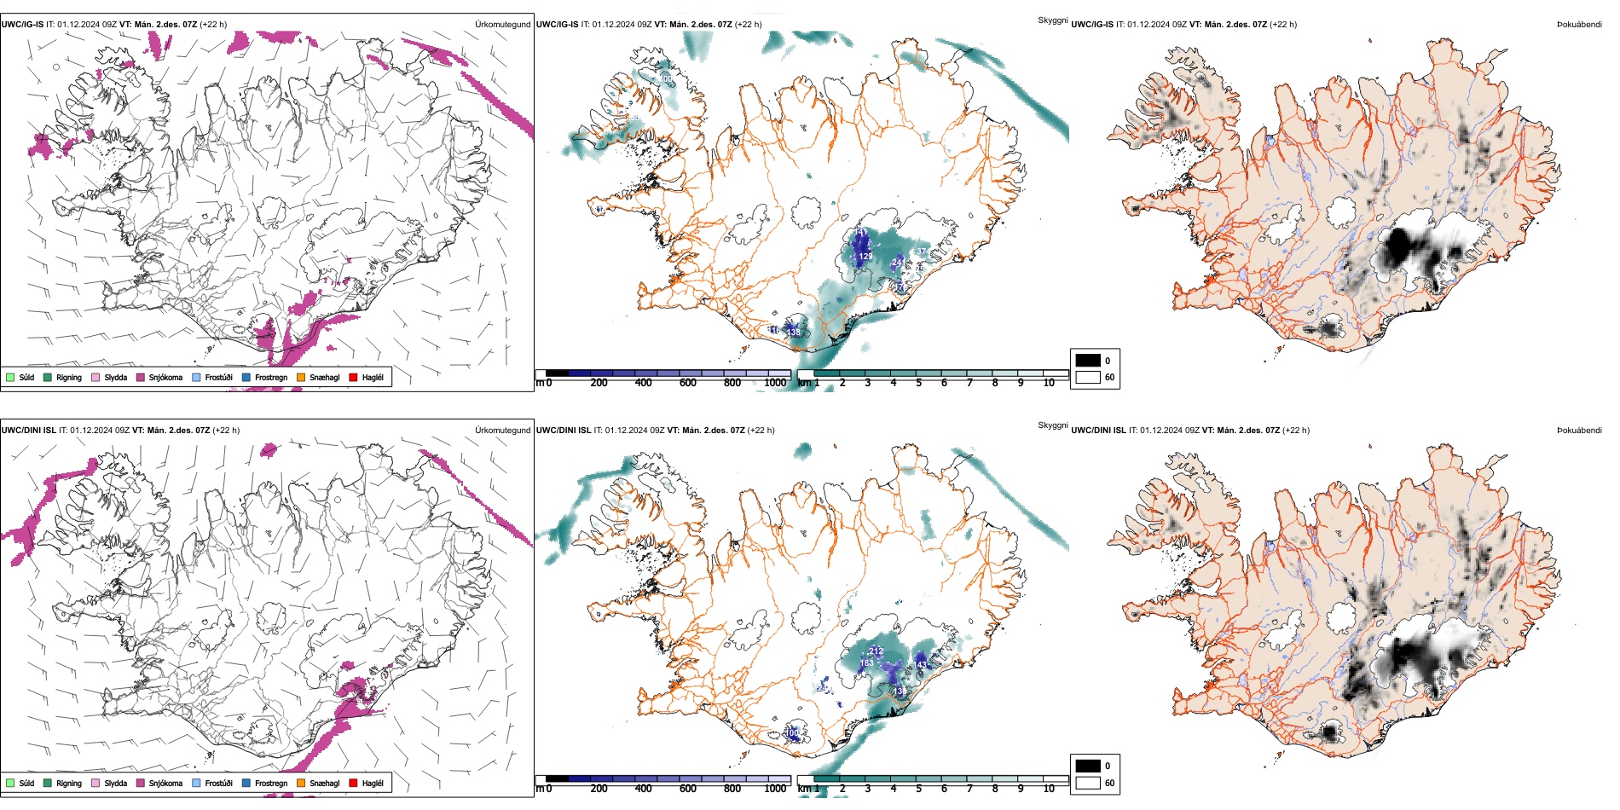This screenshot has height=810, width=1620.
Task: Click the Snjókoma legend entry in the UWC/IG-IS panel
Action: pos(165,377)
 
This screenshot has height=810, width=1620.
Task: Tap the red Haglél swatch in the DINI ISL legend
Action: pos(352,783)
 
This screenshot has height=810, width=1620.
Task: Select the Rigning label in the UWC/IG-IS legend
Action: pos(69,377)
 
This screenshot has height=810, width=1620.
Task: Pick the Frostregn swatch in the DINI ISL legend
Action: pos(246,783)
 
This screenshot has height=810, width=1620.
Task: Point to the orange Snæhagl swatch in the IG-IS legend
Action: pos(301,377)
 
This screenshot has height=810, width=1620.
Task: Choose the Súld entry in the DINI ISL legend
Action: pos(26,783)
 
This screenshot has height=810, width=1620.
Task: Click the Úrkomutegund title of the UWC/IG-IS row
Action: pos(502,24)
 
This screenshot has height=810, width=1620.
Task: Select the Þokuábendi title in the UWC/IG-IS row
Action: pos(1579,24)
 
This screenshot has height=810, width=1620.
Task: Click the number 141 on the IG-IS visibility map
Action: pos(861,232)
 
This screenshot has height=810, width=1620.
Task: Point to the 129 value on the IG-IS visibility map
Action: pos(865,256)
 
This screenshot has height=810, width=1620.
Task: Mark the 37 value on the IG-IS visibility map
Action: pos(920,252)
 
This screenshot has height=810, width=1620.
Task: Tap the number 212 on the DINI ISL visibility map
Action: pos(876,651)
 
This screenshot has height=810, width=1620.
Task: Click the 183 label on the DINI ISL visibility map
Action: pos(866,662)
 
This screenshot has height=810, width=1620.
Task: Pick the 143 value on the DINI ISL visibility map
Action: pos(922,665)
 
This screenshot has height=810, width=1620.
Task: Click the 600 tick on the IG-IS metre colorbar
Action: pos(688,383)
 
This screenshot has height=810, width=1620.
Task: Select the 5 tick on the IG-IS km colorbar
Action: pos(918,383)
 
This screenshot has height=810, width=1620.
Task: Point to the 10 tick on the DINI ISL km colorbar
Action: pos(1049,789)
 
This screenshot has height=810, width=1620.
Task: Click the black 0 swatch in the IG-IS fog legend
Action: pos(1088,361)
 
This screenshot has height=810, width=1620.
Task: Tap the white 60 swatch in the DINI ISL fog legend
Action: pos(1088,783)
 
